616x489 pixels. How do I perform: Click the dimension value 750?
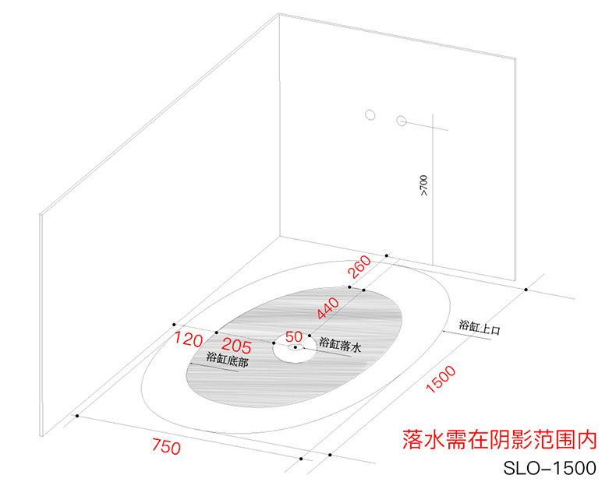tap(167, 448)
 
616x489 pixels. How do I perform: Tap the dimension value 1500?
tap(441, 381)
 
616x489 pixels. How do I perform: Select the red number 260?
tap(359, 269)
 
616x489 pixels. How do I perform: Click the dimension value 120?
tap(188, 340)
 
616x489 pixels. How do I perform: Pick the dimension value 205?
tap(237, 343)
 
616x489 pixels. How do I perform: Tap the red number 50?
tap(294, 336)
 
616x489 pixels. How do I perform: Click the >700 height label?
tap(424, 186)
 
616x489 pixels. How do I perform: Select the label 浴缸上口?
tap(479, 326)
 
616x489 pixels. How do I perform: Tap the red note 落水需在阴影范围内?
tap(500, 440)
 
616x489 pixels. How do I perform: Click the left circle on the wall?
tap(370, 116)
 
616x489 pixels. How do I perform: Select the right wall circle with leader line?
tap(402, 121)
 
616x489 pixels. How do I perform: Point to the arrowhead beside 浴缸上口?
tap(445, 331)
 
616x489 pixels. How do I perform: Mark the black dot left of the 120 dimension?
tap(174, 324)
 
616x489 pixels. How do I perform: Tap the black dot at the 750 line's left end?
tap(76, 416)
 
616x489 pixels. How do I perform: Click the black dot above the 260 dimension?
tap(386, 255)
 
